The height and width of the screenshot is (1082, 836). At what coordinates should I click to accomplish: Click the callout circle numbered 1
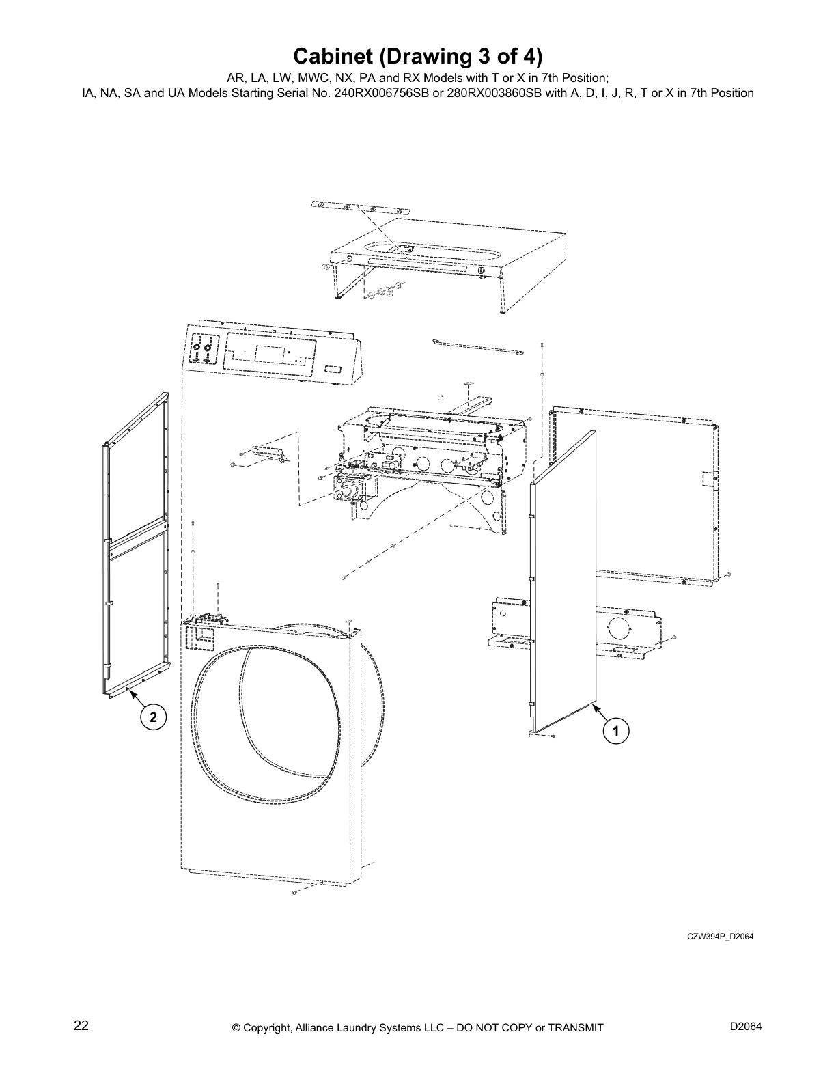click(615, 731)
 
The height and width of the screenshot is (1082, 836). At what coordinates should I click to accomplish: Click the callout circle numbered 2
click(153, 717)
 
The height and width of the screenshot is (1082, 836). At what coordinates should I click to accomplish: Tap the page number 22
click(81, 1026)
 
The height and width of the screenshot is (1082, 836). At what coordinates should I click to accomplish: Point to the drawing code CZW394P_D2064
click(720, 936)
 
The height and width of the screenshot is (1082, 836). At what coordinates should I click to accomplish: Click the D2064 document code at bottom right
click(746, 1027)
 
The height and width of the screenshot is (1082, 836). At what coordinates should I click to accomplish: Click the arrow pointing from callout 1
click(600, 715)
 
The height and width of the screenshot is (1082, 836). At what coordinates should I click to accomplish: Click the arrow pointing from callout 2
click(136, 699)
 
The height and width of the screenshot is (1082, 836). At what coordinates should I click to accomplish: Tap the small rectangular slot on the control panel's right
click(333, 368)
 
